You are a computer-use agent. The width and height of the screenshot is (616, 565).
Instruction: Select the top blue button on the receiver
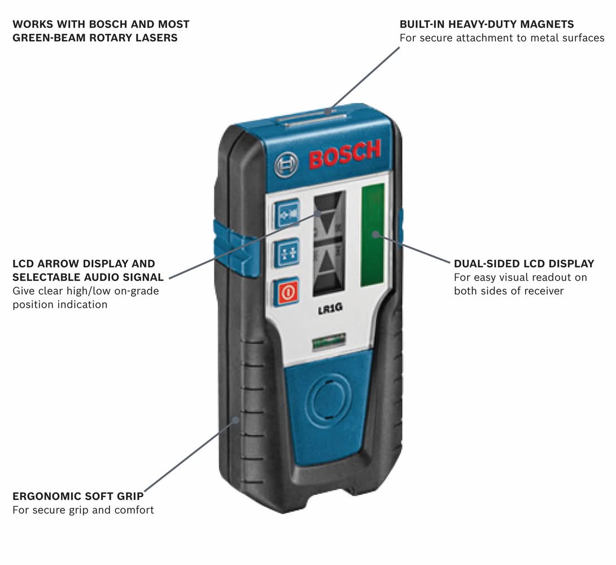[x=287, y=215]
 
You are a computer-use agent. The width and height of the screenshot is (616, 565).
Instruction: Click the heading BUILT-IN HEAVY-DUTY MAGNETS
[x=487, y=24]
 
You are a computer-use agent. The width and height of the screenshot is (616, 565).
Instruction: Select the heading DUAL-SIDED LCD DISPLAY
[x=524, y=264]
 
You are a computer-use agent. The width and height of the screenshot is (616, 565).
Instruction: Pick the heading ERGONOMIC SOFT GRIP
[x=78, y=497]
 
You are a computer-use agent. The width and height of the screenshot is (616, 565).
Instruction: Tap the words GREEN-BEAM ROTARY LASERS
[x=95, y=38]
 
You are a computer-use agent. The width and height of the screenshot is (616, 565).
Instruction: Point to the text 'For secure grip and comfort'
[x=83, y=510]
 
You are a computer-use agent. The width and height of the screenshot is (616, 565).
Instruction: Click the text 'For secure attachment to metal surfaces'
[x=502, y=38]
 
